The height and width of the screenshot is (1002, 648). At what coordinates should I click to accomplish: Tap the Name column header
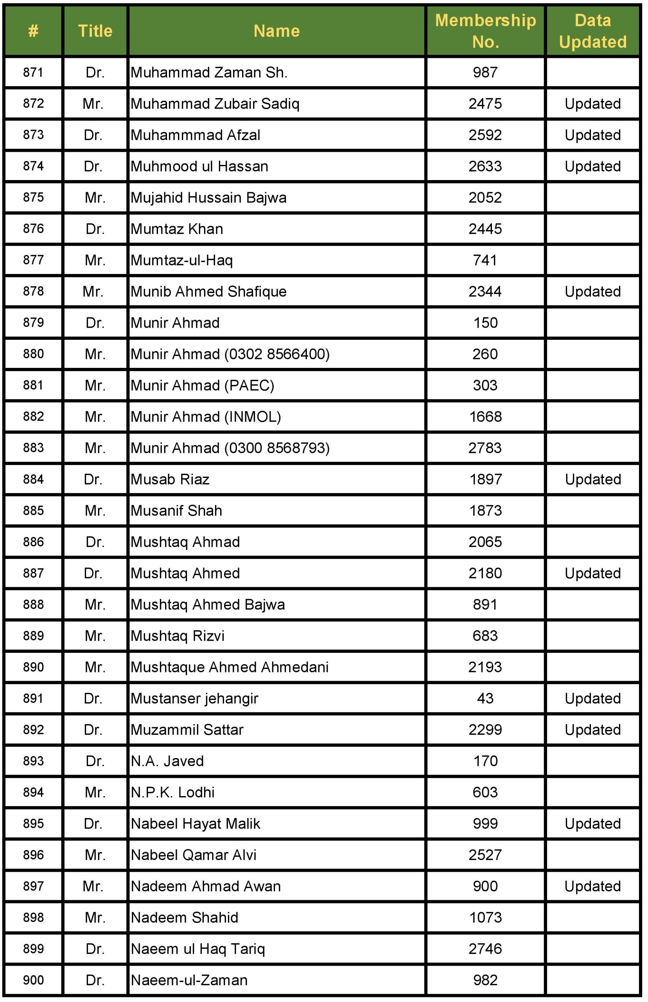tap(276, 31)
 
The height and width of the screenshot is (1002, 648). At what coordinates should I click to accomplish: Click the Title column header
tap(95, 31)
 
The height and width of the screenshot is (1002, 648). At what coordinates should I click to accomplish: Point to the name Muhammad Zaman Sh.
tap(209, 72)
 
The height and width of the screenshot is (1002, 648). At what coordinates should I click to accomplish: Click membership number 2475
tap(485, 104)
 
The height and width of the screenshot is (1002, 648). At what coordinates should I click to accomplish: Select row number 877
tap(33, 260)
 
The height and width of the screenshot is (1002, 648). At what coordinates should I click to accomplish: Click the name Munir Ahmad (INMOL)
tap(205, 416)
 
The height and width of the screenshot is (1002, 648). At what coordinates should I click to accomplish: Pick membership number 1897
tap(485, 479)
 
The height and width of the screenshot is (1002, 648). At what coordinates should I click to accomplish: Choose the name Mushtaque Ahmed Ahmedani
tap(229, 667)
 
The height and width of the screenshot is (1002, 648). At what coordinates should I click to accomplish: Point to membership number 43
tap(485, 698)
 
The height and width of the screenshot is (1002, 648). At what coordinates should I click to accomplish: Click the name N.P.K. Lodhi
tap(172, 792)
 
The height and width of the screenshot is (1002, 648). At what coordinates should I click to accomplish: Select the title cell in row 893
tap(95, 761)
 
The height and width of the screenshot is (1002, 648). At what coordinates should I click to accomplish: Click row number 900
tap(33, 980)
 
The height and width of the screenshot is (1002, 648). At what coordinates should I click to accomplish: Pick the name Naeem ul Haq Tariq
tap(198, 948)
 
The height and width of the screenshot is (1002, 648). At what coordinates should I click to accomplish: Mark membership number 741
tap(485, 260)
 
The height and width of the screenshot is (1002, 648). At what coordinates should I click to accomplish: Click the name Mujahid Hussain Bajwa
tap(208, 197)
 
